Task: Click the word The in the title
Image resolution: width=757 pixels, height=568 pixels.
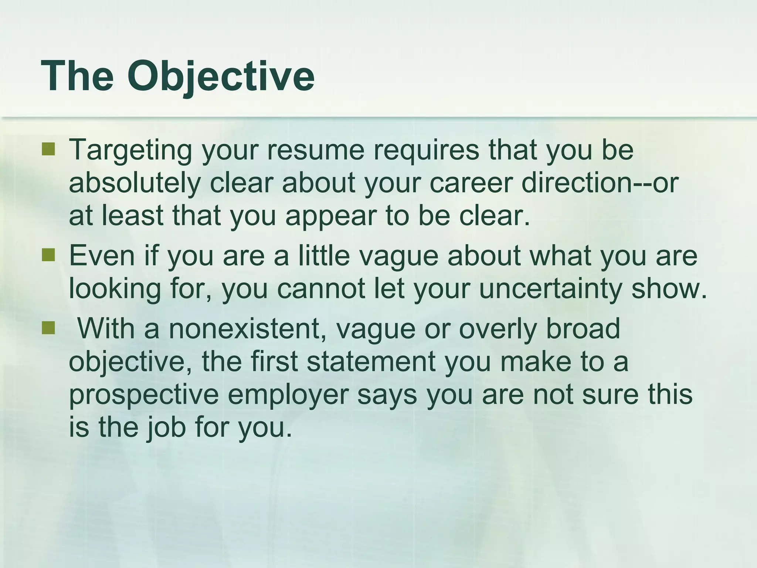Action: [x=78, y=76]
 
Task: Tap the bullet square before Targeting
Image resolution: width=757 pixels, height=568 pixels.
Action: [x=48, y=150]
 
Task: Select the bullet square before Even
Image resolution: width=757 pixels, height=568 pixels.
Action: [x=48, y=255]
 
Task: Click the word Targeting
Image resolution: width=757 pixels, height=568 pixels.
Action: [x=130, y=151]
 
